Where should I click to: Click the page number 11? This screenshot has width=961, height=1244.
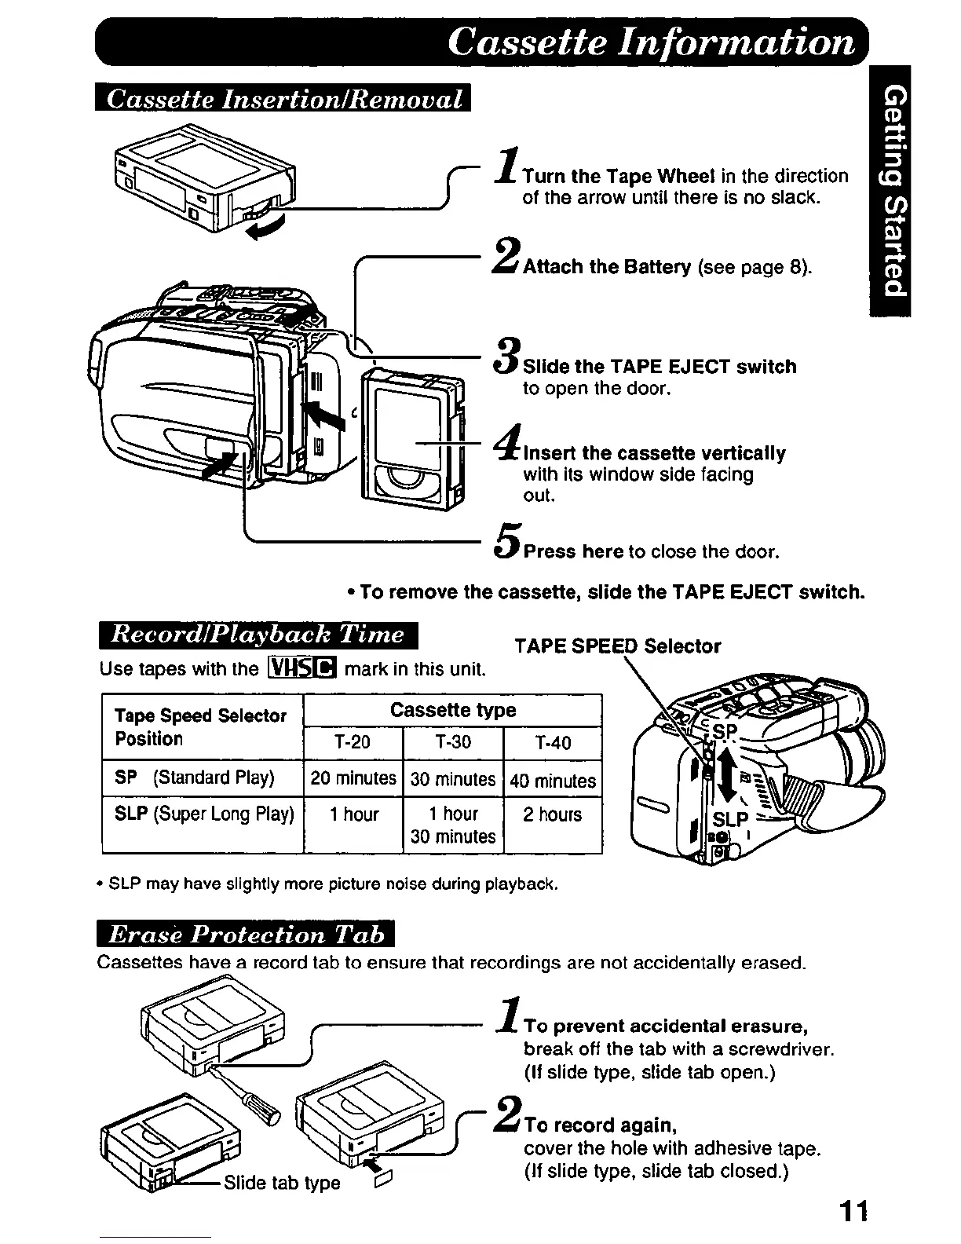[853, 1211]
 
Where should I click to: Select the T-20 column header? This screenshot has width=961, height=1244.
[352, 743]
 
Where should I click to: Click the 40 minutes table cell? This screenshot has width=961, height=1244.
[553, 780]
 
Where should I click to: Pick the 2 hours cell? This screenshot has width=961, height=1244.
[553, 815]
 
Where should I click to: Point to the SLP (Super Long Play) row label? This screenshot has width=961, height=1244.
[203, 814]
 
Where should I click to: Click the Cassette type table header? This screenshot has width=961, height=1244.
[452, 711]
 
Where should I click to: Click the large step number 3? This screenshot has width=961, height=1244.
[508, 357]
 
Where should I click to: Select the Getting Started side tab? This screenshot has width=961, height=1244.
[895, 192]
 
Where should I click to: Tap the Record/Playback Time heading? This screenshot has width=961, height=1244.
[258, 635]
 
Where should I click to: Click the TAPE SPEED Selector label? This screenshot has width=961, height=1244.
[617, 646]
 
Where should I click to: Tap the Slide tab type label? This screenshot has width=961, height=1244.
[282, 1184]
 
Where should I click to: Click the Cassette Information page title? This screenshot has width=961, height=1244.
[651, 42]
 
